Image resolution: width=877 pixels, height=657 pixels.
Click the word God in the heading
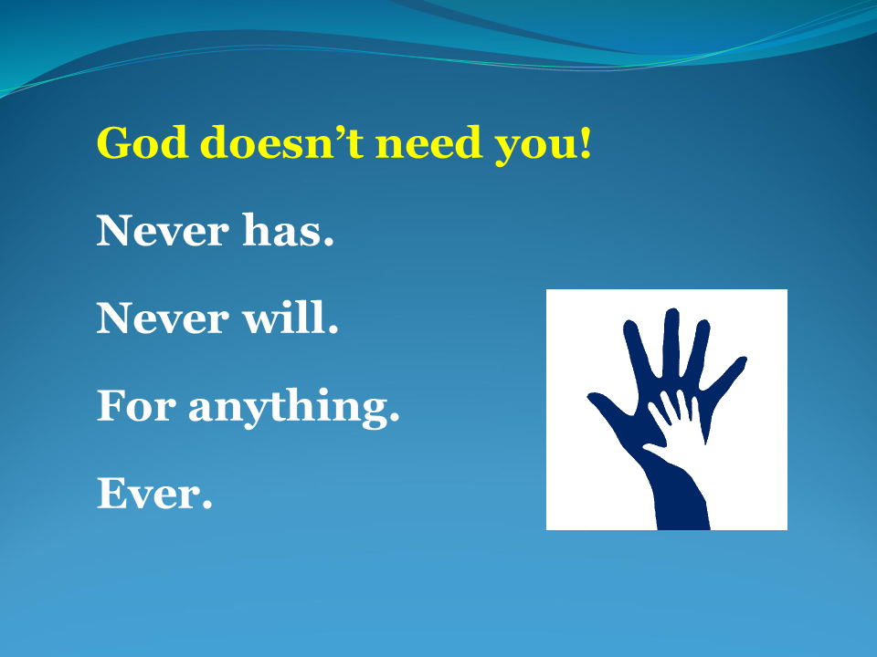(x=137, y=143)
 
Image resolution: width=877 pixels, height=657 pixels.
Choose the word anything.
(x=294, y=409)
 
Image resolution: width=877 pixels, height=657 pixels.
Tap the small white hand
(x=681, y=422)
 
